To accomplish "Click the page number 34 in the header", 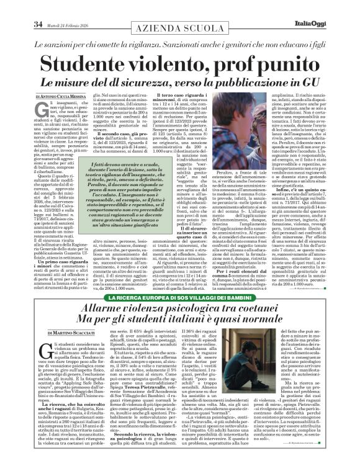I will point(19,7).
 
